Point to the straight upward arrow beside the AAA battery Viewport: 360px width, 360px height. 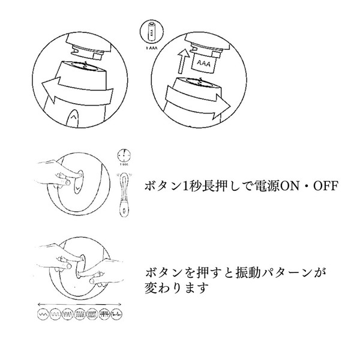[x=180, y=60]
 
